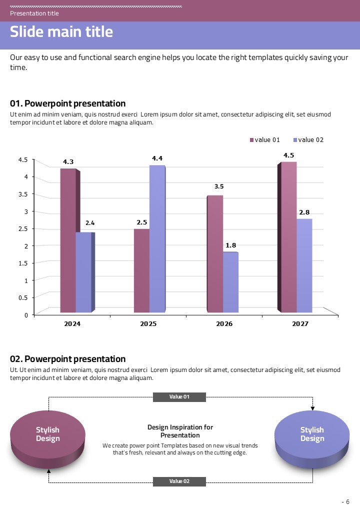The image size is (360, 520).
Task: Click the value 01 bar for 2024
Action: coord(68,240)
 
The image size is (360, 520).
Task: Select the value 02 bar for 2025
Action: coord(156,239)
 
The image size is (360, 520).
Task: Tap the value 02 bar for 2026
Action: coord(230,282)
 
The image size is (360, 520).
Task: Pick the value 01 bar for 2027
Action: coord(288,237)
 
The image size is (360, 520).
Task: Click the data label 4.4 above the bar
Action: coord(157,158)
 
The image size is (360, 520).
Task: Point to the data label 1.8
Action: coord(231,245)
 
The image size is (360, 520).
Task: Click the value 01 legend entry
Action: coord(265,140)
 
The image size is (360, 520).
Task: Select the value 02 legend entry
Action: coord(308,140)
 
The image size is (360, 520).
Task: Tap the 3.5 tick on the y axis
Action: coord(23,194)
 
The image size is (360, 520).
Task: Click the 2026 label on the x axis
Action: coord(224,324)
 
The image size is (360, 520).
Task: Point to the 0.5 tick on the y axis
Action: coord(23,297)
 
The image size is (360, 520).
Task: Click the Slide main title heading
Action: coord(61,32)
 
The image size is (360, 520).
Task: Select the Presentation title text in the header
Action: coord(34,13)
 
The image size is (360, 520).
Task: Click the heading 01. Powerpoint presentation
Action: coord(68,103)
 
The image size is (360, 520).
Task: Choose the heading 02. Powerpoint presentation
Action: coord(68,359)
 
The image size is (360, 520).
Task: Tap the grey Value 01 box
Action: coord(179,397)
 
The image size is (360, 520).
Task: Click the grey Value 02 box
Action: coord(179,481)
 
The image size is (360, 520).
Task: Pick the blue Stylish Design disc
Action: coord(312,434)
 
